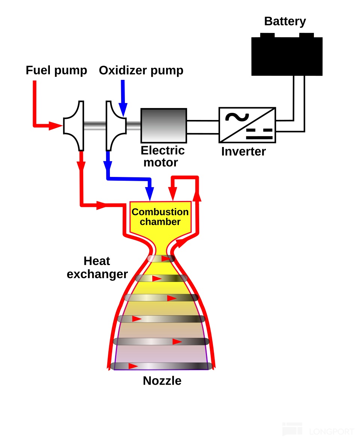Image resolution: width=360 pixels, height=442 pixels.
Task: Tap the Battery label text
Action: pos(285,21)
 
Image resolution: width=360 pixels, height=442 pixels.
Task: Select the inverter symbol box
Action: pos(247,125)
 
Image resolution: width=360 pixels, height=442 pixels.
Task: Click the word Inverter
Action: pos(243,151)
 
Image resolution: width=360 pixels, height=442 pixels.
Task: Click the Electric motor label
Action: pos(162,157)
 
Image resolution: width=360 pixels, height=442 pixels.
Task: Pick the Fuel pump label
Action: pos(56,70)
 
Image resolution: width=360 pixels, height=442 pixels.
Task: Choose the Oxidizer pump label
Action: pos(141,70)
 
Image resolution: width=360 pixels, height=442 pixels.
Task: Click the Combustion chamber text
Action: pos(160,217)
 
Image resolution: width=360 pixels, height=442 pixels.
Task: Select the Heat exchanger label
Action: pos(97,268)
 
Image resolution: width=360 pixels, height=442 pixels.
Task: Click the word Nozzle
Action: pos(162,381)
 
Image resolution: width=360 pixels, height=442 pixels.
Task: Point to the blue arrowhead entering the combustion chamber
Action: pos(150,195)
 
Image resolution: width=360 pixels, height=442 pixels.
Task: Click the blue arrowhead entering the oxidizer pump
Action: pos(123,108)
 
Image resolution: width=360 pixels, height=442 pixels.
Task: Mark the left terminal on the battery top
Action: pos(267,35)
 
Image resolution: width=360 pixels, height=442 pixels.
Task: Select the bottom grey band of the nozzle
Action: pos(161,366)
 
